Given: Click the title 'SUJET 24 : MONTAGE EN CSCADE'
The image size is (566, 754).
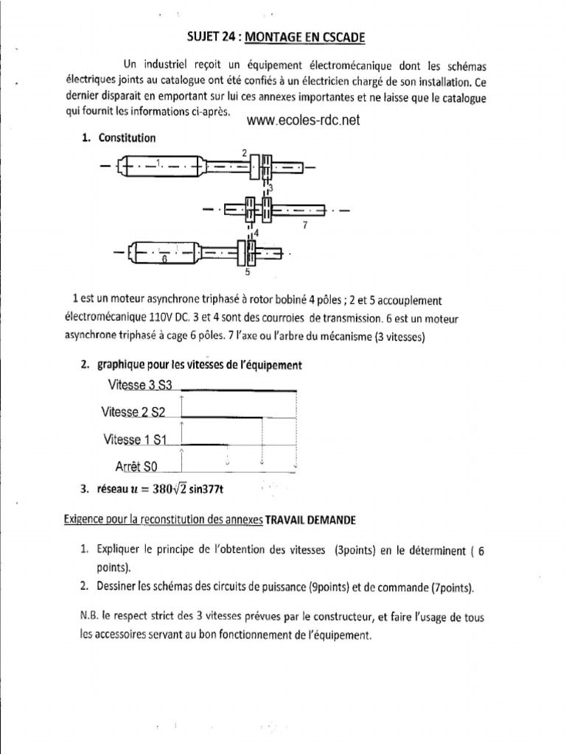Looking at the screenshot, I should [x=282, y=36].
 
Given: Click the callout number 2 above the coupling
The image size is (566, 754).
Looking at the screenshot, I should [x=244, y=152].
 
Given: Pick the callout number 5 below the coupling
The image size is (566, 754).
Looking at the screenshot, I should [x=247, y=272].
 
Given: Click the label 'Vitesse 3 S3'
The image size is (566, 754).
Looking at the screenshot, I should [x=139, y=384].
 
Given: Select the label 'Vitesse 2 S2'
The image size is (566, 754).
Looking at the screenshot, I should [x=133, y=412].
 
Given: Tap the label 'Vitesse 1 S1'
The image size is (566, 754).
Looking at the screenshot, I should [x=136, y=440].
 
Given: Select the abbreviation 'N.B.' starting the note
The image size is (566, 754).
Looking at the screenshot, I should [x=91, y=617].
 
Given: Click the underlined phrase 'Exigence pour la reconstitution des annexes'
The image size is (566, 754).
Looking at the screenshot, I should [x=163, y=520].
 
